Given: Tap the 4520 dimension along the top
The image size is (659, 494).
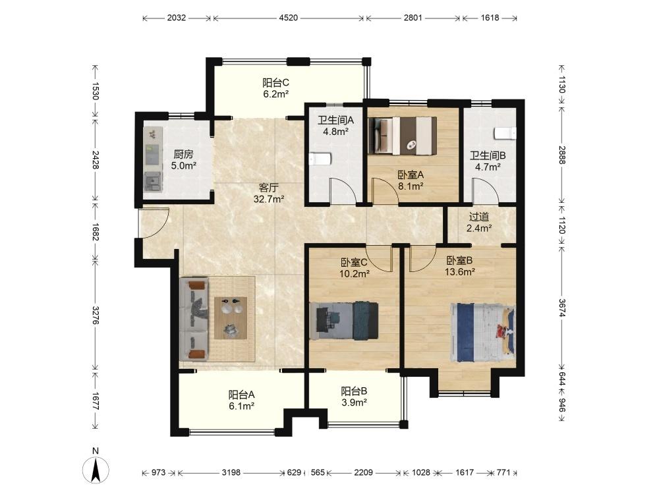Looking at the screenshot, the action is click(x=289, y=18).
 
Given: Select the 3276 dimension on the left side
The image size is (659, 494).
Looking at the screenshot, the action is click(x=96, y=315).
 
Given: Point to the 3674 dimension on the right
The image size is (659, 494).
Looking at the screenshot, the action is click(x=562, y=308).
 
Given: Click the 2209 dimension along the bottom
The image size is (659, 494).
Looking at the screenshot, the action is click(x=363, y=472).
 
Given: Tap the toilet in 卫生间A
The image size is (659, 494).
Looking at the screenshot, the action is click(x=321, y=159).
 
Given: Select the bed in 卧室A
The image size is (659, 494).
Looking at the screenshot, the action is click(x=403, y=136).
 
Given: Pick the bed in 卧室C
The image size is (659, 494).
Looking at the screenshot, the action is click(x=344, y=320).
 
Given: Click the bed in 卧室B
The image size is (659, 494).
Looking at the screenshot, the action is click(x=482, y=333).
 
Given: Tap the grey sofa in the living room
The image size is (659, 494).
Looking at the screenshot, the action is click(x=194, y=319).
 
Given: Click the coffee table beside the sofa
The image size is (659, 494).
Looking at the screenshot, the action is click(x=231, y=318).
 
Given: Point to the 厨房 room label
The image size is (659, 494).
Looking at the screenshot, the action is click(x=183, y=154).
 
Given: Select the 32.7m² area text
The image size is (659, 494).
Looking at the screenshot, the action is click(x=269, y=199).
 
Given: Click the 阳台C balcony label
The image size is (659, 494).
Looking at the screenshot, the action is click(x=275, y=82).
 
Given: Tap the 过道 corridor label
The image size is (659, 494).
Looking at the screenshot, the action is click(x=479, y=217).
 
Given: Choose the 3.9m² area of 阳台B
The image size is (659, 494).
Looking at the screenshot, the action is click(x=354, y=402).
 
